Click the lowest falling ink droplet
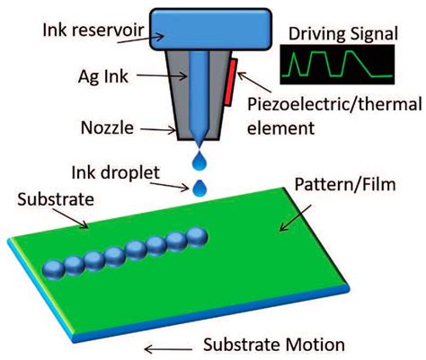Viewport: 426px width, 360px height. coord(200,188)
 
